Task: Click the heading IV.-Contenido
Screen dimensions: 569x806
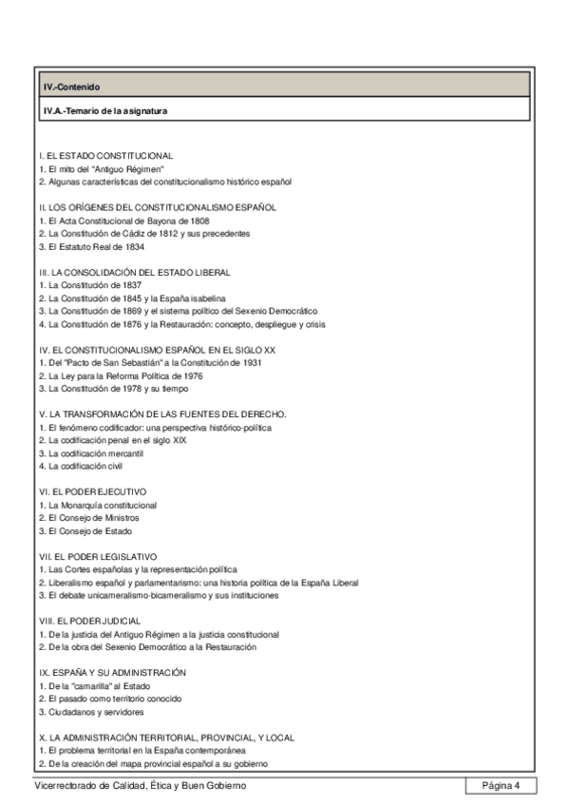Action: click(x=71, y=86)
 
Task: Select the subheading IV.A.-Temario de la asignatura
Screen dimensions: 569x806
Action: click(x=104, y=110)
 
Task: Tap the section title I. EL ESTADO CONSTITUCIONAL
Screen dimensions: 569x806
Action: click(x=105, y=155)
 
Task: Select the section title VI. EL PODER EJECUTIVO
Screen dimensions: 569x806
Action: click(x=93, y=491)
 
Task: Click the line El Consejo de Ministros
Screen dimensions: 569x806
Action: click(x=92, y=517)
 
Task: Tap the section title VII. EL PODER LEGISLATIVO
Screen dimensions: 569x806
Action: click(x=98, y=555)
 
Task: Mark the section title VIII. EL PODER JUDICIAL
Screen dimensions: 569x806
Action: click(x=93, y=620)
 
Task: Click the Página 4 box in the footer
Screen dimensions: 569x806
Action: click(x=501, y=785)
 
